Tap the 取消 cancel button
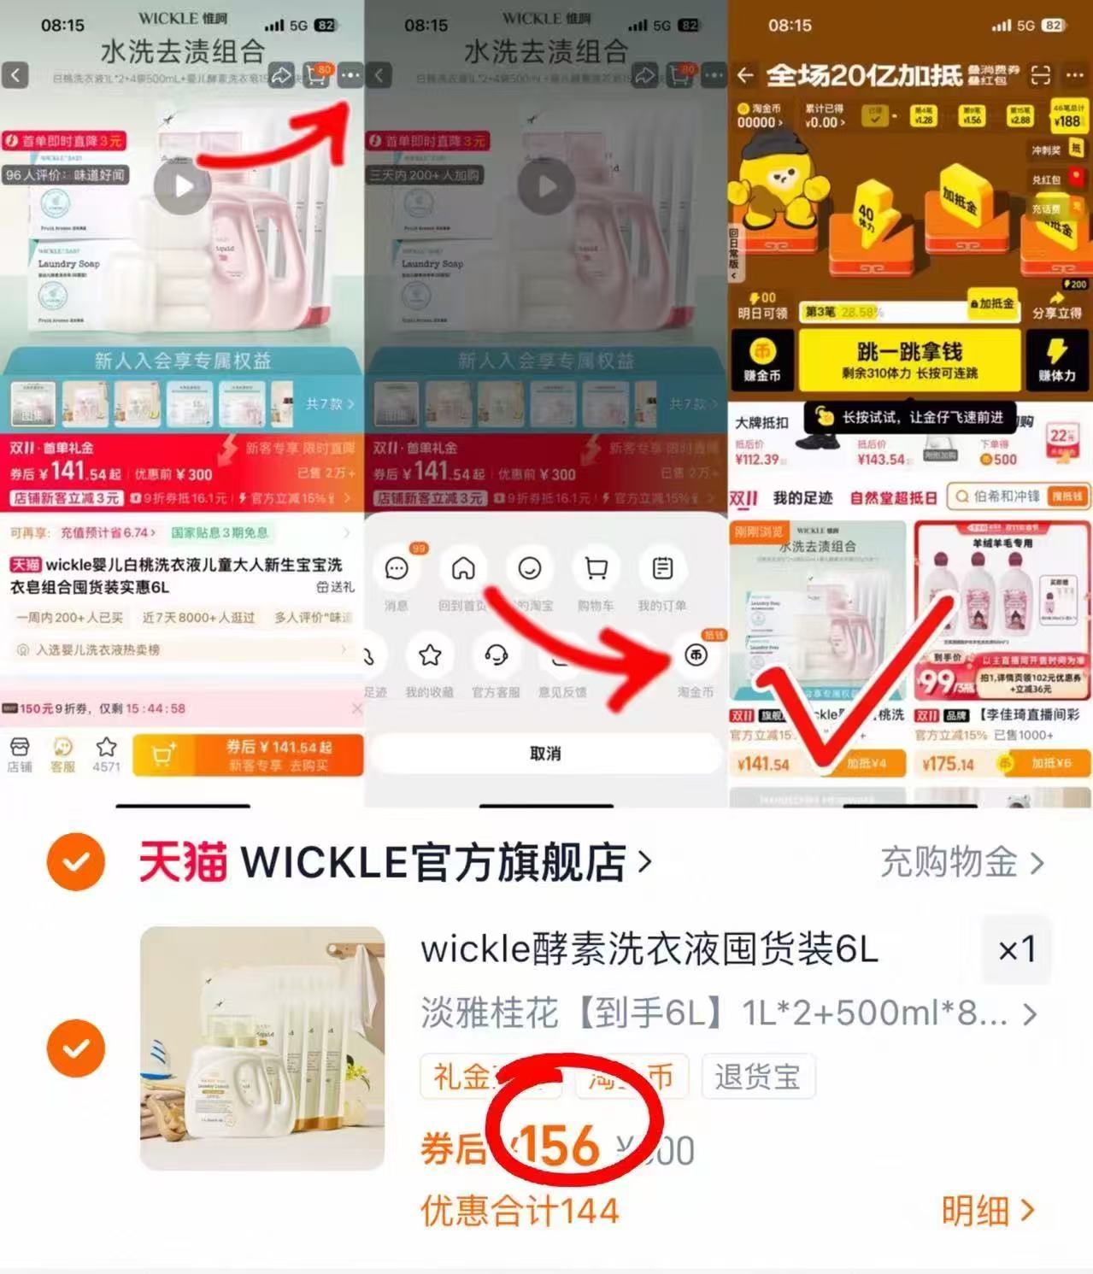pos(545,754)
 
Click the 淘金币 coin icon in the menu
pos(696,655)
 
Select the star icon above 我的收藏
pos(430,655)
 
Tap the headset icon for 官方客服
pos(496,655)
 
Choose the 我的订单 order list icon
pos(662,568)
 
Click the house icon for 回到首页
pos(463,568)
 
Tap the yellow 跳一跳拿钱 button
pos(908,360)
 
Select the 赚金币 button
pos(762,360)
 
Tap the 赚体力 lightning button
pos(1057,360)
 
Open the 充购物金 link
pos(961,863)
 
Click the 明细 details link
pos(987,1211)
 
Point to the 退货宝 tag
pos(757,1077)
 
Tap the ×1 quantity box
pos(1017,948)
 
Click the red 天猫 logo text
pos(183,863)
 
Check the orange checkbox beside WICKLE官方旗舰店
pos(76,862)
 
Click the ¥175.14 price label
pos(949,764)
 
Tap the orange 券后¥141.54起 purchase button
pos(278,755)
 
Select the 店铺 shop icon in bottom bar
pos(20,754)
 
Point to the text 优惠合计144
pos(520,1211)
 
